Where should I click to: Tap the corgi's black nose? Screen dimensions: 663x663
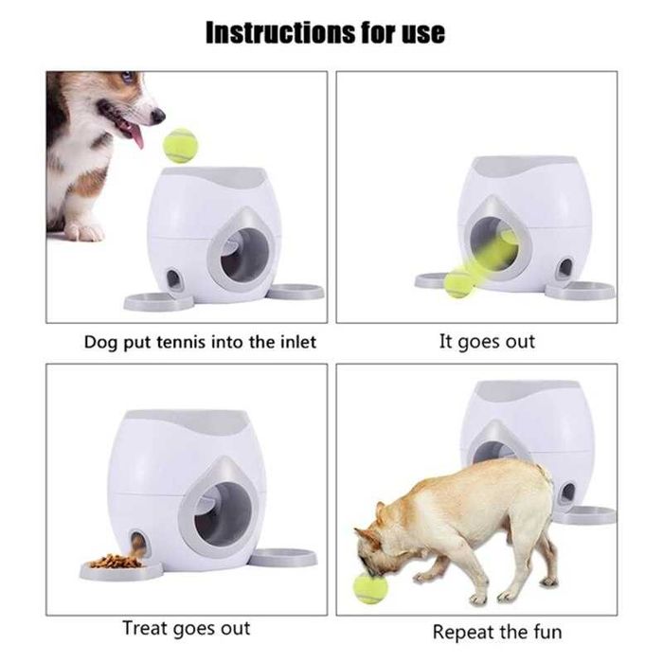click(158, 115)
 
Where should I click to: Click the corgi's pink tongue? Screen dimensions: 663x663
click(135, 135)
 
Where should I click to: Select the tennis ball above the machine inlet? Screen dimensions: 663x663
click(180, 146)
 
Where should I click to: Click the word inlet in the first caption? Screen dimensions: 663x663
click(298, 342)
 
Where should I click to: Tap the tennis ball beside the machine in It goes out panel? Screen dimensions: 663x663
click(459, 285)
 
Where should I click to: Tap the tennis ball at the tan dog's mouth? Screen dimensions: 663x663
click(370, 588)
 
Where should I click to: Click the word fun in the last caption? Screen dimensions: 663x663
click(547, 632)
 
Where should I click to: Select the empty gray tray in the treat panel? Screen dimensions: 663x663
click(283, 557)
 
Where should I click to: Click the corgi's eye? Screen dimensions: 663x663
click(127, 78)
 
